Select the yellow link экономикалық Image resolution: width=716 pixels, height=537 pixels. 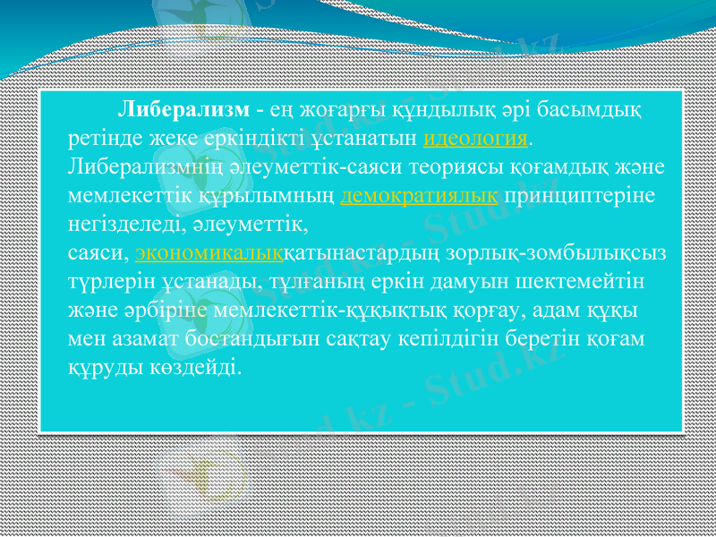coord(209,253)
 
